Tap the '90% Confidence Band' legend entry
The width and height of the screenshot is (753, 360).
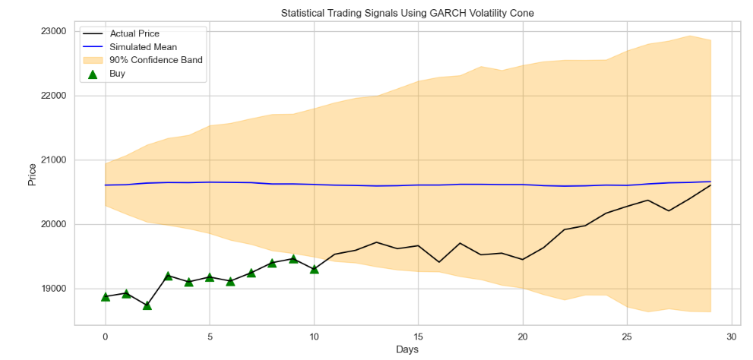click(x=156, y=60)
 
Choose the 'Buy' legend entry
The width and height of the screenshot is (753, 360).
click(x=118, y=74)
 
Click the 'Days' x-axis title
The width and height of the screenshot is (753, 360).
click(x=407, y=349)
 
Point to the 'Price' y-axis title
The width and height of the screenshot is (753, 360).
click(x=31, y=175)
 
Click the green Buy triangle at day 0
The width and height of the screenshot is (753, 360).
click(x=105, y=296)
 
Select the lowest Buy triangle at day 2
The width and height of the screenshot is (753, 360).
click(x=147, y=305)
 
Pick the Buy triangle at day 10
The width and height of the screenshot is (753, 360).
click(x=314, y=269)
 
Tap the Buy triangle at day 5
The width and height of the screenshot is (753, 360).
click(x=210, y=277)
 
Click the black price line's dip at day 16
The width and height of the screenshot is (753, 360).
click(x=439, y=262)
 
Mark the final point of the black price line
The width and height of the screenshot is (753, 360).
click(x=710, y=185)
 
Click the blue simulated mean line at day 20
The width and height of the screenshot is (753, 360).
click(x=523, y=185)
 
